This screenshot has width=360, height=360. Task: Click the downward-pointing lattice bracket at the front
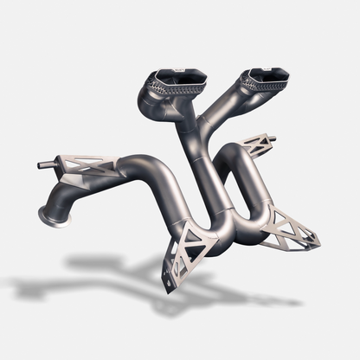click(184, 248)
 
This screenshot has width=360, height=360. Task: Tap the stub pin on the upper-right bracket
click(272, 138)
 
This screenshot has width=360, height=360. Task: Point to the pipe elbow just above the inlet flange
click(65, 190)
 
